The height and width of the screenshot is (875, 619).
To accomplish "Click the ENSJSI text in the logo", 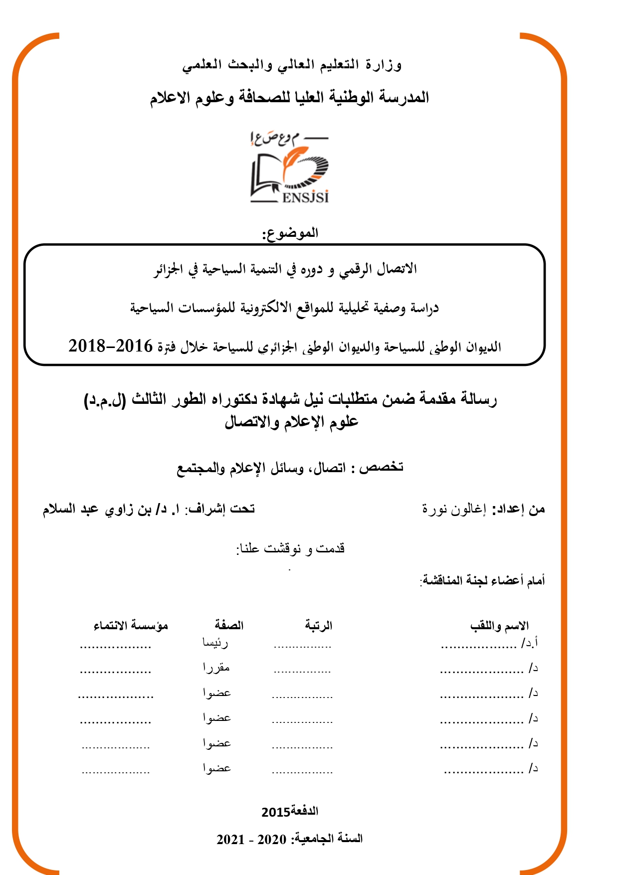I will pos(305,197).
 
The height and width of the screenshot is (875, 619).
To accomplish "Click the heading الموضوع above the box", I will pos(290,233).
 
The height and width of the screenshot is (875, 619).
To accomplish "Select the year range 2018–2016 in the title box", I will pos(110,346).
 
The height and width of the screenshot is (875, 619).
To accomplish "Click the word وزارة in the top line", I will pos(384,65).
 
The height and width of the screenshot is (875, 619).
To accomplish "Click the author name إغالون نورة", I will pos(453,509).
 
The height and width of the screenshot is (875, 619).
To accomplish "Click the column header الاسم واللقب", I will pos(499,626).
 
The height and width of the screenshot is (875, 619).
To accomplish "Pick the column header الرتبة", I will pos(319,625).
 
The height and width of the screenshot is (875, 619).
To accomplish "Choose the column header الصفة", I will pos(229,625).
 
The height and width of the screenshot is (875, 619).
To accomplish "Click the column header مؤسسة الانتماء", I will pos(131,625).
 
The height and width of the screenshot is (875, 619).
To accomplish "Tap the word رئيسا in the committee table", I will pos(215,643).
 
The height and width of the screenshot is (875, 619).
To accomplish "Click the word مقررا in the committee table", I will pos(216,668).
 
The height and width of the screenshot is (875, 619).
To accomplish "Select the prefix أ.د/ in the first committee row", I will pos(530,643).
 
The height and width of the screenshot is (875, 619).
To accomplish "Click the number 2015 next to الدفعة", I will pos(276,812).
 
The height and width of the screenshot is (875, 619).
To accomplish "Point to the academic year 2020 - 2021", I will pos(251,839).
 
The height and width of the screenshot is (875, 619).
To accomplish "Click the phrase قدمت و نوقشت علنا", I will pos(290,548).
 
